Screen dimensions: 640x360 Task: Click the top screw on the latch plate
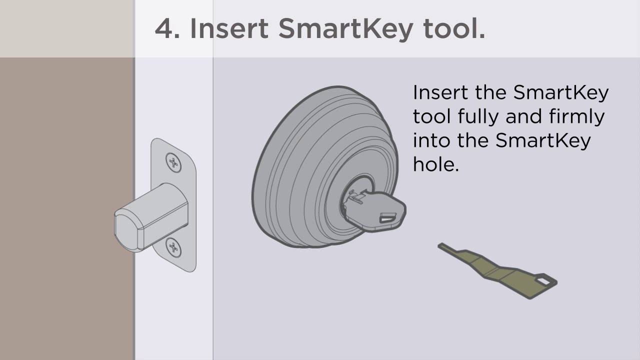pos(173,162)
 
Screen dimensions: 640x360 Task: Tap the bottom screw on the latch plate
pos(173,247)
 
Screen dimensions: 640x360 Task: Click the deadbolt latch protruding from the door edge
pos(151,217)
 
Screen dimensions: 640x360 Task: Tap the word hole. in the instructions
pos(435,164)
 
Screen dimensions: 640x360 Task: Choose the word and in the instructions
pos(523,116)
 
